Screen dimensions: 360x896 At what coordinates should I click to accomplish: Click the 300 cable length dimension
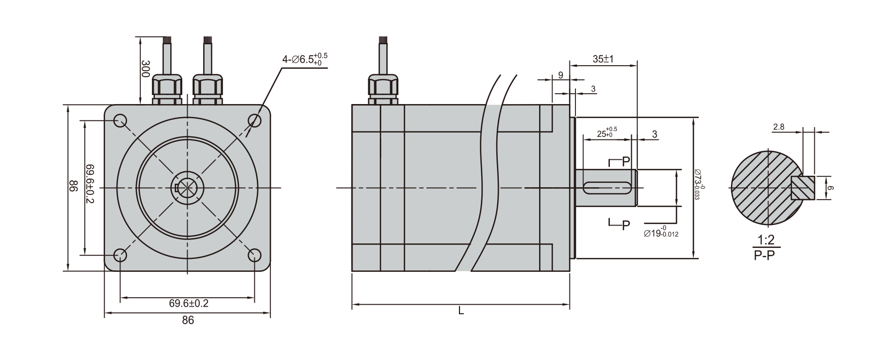(x=145, y=69)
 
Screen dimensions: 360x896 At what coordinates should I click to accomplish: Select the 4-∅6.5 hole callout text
(x=305, y=60)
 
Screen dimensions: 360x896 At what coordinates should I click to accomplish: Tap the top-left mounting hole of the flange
(x=120, y=120)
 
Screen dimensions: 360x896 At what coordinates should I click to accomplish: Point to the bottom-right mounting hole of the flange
(x=255, y=255)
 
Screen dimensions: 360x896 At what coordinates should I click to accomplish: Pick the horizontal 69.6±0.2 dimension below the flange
(x=188, y=303)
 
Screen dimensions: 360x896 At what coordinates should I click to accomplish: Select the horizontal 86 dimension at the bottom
(x=188, y=320)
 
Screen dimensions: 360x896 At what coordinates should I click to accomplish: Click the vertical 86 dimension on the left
(x=73, y=188)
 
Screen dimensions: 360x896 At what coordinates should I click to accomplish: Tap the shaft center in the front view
(x=188, y=188)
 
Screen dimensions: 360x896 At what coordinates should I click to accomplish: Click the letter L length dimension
(x=461, y=311)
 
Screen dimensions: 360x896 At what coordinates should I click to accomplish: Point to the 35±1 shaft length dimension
(x=603, y=59)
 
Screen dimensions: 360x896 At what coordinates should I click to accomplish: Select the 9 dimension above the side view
(x=560, y=75)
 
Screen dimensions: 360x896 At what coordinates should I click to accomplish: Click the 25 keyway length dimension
(x=606, y=133)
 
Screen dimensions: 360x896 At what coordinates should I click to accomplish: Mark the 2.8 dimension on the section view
(x=779, y=127)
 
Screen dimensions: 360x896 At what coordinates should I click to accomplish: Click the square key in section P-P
(x=802, y=188)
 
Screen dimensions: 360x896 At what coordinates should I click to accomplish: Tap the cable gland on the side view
(x=383, y=89)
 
